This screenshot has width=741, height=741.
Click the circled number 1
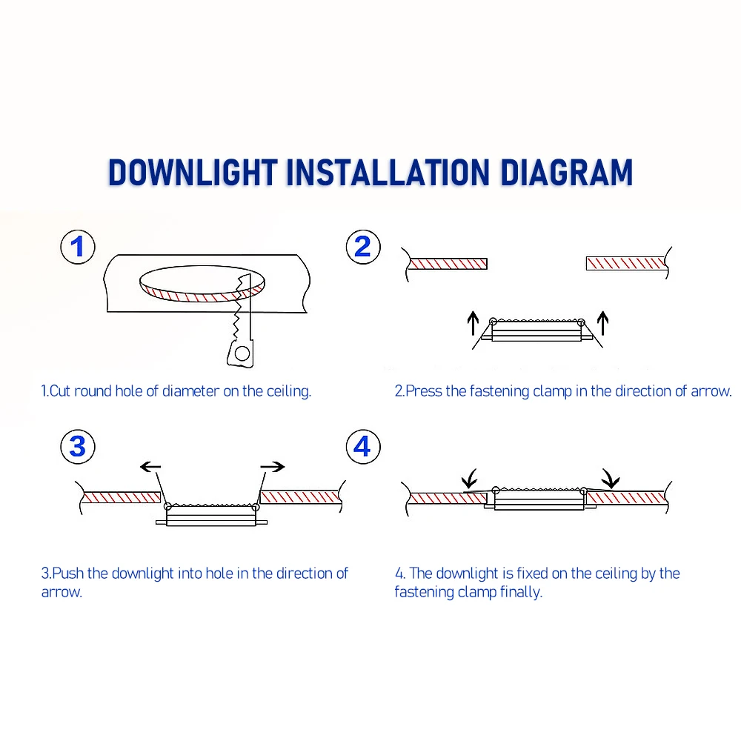(x=78, y=247)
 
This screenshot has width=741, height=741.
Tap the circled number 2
(x=363, y=247)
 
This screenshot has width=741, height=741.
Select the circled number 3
(x=78, y=447)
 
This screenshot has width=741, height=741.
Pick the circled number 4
(x=363, y=447)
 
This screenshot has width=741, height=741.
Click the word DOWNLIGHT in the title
(x=193, y=172)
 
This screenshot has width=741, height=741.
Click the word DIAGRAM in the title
(x=566, y=172)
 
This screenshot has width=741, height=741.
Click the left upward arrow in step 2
(x=473, y=323)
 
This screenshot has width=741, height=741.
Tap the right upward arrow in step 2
(x=602, y=323)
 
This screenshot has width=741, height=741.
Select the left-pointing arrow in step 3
(x=150, y=467)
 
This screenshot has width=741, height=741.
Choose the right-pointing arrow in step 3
(x=273, y=467)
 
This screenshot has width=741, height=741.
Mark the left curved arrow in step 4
(x=470, y=479)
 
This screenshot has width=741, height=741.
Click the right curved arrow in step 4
(x=611, y=478)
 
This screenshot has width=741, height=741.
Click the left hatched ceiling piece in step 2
(x=448, y=263)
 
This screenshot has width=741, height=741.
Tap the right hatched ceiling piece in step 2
(x=625, y=263)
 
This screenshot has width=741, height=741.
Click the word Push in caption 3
(x=68, y=574)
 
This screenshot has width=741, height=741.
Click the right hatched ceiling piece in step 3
(x=299, y=496)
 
